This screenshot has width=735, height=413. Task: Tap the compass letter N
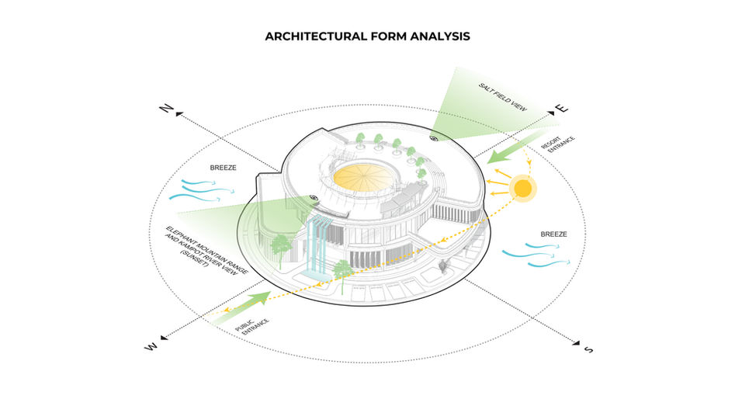pyautogui.click(x=165, y=109)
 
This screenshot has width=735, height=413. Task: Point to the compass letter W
pyautogui.click(x=151, y=346)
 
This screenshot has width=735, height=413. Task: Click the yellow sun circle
pyautogui.click(x=523, y=188)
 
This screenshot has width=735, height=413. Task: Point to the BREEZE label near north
pyautogui.click(x=224, y=168)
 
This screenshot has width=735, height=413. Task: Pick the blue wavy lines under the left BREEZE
pyautogui.click(x=203, y=187)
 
